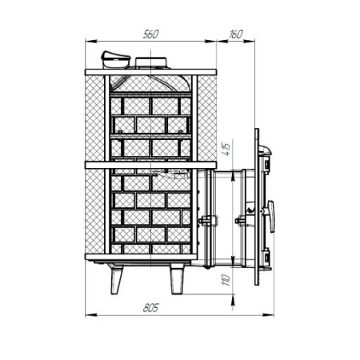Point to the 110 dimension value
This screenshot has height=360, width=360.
(226, 281)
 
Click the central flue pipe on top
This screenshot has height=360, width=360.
(152, 64)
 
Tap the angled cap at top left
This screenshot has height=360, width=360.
(113, 59)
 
